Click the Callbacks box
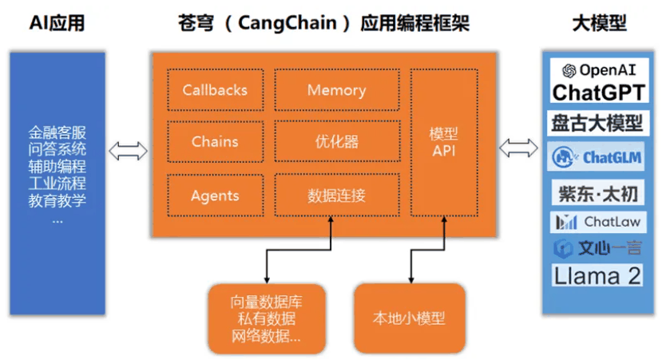click(x=215, y=90)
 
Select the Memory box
click(x=336, y=90)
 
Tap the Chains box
click(x=215, y=142)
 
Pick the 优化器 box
click(x=336, y=142)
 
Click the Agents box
click(x=215, y=196)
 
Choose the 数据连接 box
click(x=336, y=196)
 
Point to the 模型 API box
click(x=443, y=142)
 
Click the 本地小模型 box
click(x=409, y=318)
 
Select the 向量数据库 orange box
click(x=266, y=318)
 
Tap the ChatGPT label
click(x=598, y=92)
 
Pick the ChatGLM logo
click(x=598, y=157)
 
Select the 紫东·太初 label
click(x=597, y=192)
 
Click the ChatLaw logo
click(x=598, y=221)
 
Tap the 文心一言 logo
click(x=598, y=248)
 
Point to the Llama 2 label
click(x=598, y=276)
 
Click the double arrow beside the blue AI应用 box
click(x=129, y=149)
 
